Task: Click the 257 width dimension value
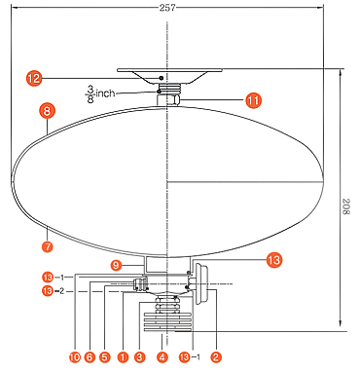pyautogui.click(x=167, y=8)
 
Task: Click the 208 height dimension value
pyautogui.click(x=346, y=206)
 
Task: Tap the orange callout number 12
pyautogui.click(x=34, y=78)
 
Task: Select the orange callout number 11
pyautogui.click(x=254, y=100)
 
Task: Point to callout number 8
pyautogui.click(x=48, y=111)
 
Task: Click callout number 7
pyautogui.click(x=48, y=246)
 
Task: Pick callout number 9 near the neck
pyautogui.click(x=116, y=266)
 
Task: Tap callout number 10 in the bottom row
pyautogui.click(x=74, y=357)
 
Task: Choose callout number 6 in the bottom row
pyautogui.click(x=90, y=357)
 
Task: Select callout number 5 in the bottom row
pyautogui.click(x=104, y=357)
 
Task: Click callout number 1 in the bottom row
pyautogui.click(x=123, y=357)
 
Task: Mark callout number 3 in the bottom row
pyautogui.click(x=139, y=357)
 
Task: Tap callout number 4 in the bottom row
pyautogui.click(x=162, y=357)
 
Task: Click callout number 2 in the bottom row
pyautogui.click(x=216, y=357)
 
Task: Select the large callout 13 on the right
pyautogui.click(x=274, y=260)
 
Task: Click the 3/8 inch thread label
pyautogui.click(x=101, y=93)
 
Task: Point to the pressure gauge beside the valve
pyautogui.click(x=199, y=284)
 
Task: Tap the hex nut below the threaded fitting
pyautogui.click(x=167, y=99)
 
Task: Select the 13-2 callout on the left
pyautogui.click(x=53, y=291)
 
